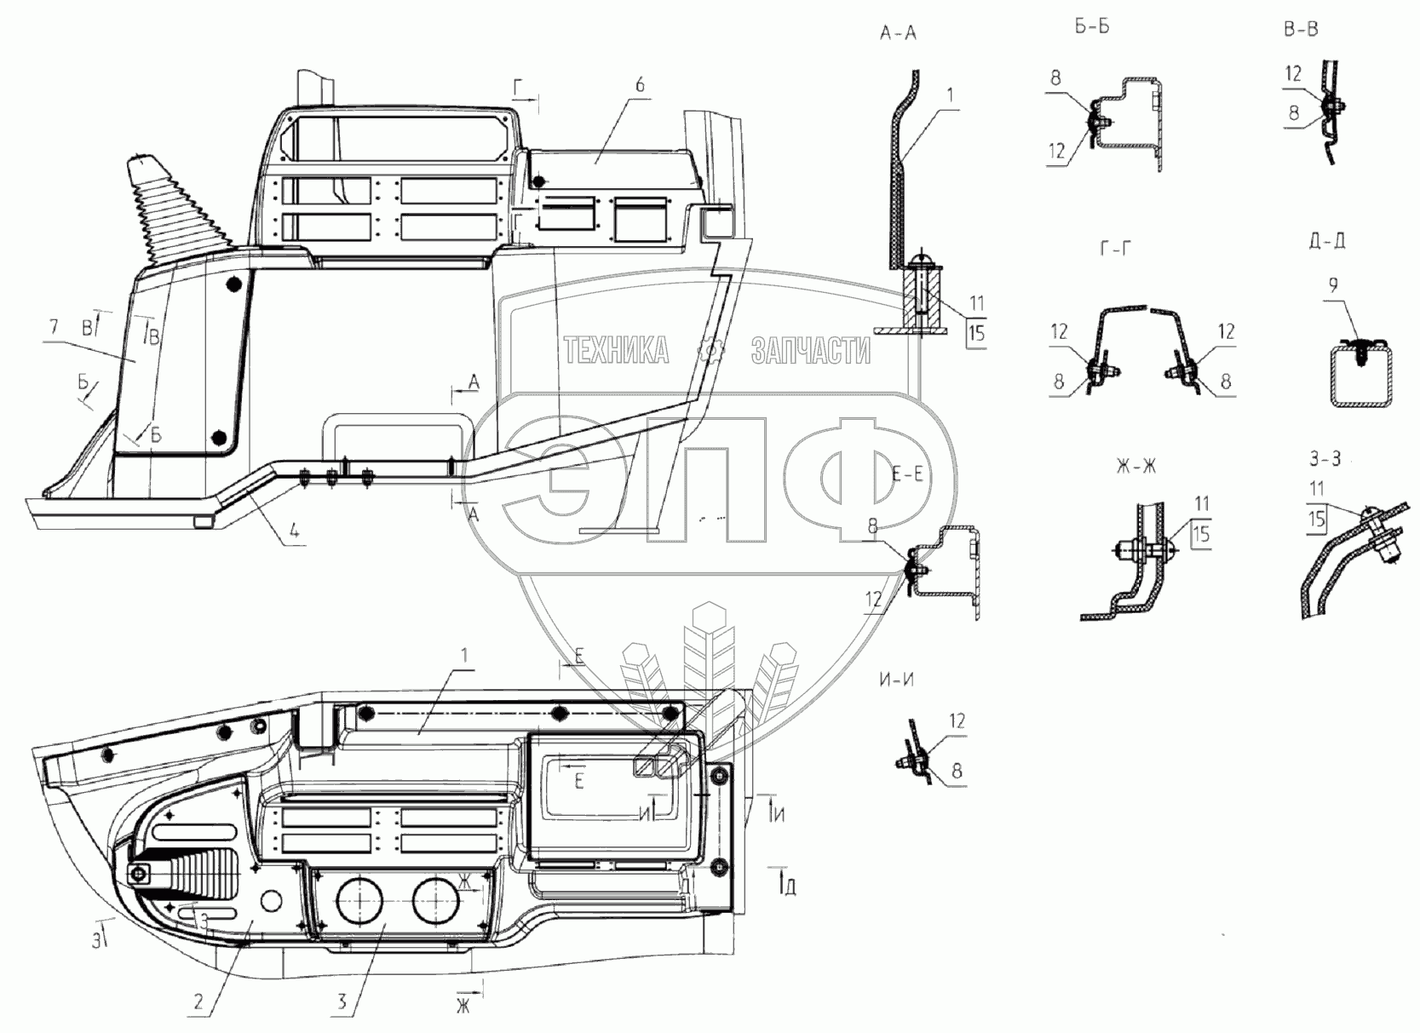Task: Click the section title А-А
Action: [x=898, y=33]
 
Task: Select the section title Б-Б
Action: [x=1092, y=27]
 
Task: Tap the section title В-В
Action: [x=1301, y=29]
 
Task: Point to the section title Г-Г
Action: [x=1115, y=249]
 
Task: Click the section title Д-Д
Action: [x=1325, y=241]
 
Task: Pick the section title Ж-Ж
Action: [x=1135, y=467]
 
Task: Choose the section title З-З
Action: [x=1325, y=457]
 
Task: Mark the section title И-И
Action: [x=896, y=680]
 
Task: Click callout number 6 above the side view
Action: [x=640, y=84]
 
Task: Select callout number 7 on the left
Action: [x=54, y=327]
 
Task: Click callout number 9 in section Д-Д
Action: [x=1333, y=286]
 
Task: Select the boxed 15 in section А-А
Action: [x=977, y=332]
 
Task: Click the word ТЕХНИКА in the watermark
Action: [x=616, y=351]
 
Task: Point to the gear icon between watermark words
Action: [x=710, y=351]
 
